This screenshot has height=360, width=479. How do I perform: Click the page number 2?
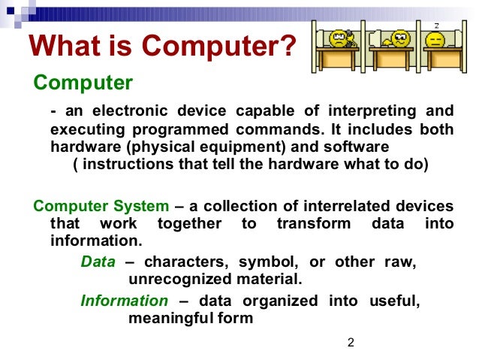tap(350, 343)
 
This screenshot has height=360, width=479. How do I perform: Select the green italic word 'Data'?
tap(98, 262)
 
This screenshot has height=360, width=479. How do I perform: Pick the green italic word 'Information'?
tap(124, 301)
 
